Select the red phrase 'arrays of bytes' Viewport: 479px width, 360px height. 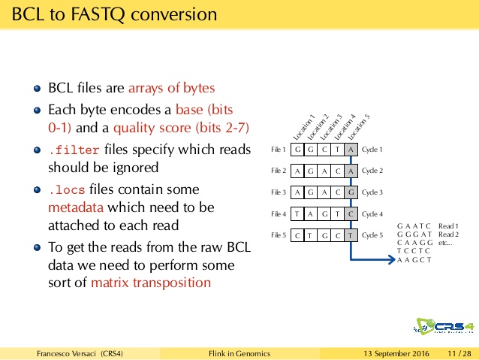(172, 88)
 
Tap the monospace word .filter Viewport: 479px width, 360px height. (74, 150)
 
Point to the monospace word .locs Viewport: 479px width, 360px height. (67, 190)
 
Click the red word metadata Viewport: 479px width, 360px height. (76, 207)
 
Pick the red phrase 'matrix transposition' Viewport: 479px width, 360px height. (151, 283)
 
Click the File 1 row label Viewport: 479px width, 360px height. (279, 150)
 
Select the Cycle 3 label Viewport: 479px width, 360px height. (372, 192)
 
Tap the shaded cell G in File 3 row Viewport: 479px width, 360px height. (351, 192)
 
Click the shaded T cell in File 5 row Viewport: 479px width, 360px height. (351, 235)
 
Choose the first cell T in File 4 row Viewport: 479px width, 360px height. (297, 213)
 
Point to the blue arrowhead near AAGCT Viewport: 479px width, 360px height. (391, 260)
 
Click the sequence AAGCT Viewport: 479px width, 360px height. (414, 260)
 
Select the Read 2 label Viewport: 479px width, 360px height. (448, 234)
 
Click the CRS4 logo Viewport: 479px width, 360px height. (444, 326)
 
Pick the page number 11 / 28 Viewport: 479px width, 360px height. (459, 354)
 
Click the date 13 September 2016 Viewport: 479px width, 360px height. (396, 354)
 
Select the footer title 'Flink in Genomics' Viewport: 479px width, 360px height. (239, 354)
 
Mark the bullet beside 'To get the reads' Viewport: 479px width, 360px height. (38, 247)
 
